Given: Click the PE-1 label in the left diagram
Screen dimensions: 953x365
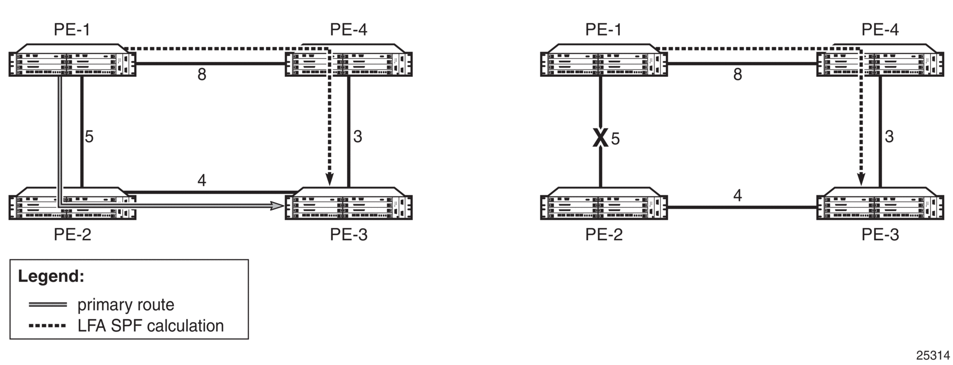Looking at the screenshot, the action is [72, 30].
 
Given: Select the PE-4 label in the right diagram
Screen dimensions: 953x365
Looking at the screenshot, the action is [880, 30].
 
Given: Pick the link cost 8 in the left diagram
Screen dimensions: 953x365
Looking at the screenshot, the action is [202, 75].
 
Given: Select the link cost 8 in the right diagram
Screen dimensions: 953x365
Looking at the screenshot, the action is [737, 75].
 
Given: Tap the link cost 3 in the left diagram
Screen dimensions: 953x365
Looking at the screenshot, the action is [357, 137].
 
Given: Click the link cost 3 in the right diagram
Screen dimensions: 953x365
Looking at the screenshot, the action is [889, 137].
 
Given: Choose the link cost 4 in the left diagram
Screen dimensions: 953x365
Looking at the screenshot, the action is [202, 180].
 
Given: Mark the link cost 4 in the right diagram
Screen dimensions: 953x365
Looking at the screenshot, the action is [737, 196].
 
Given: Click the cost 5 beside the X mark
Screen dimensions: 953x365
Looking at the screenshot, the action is [615, 139].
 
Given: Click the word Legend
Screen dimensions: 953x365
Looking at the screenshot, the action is [51, 276].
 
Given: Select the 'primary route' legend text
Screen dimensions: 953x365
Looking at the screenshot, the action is [126, 305].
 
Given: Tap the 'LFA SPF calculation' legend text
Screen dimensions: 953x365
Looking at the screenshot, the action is [151, 326].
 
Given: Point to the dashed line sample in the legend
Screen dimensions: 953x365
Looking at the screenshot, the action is [47, 326].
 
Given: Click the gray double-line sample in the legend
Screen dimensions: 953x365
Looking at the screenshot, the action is [47, 305].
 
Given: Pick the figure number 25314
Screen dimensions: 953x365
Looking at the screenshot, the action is [933, 356].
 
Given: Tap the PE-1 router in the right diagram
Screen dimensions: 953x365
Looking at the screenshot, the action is [604, 60].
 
